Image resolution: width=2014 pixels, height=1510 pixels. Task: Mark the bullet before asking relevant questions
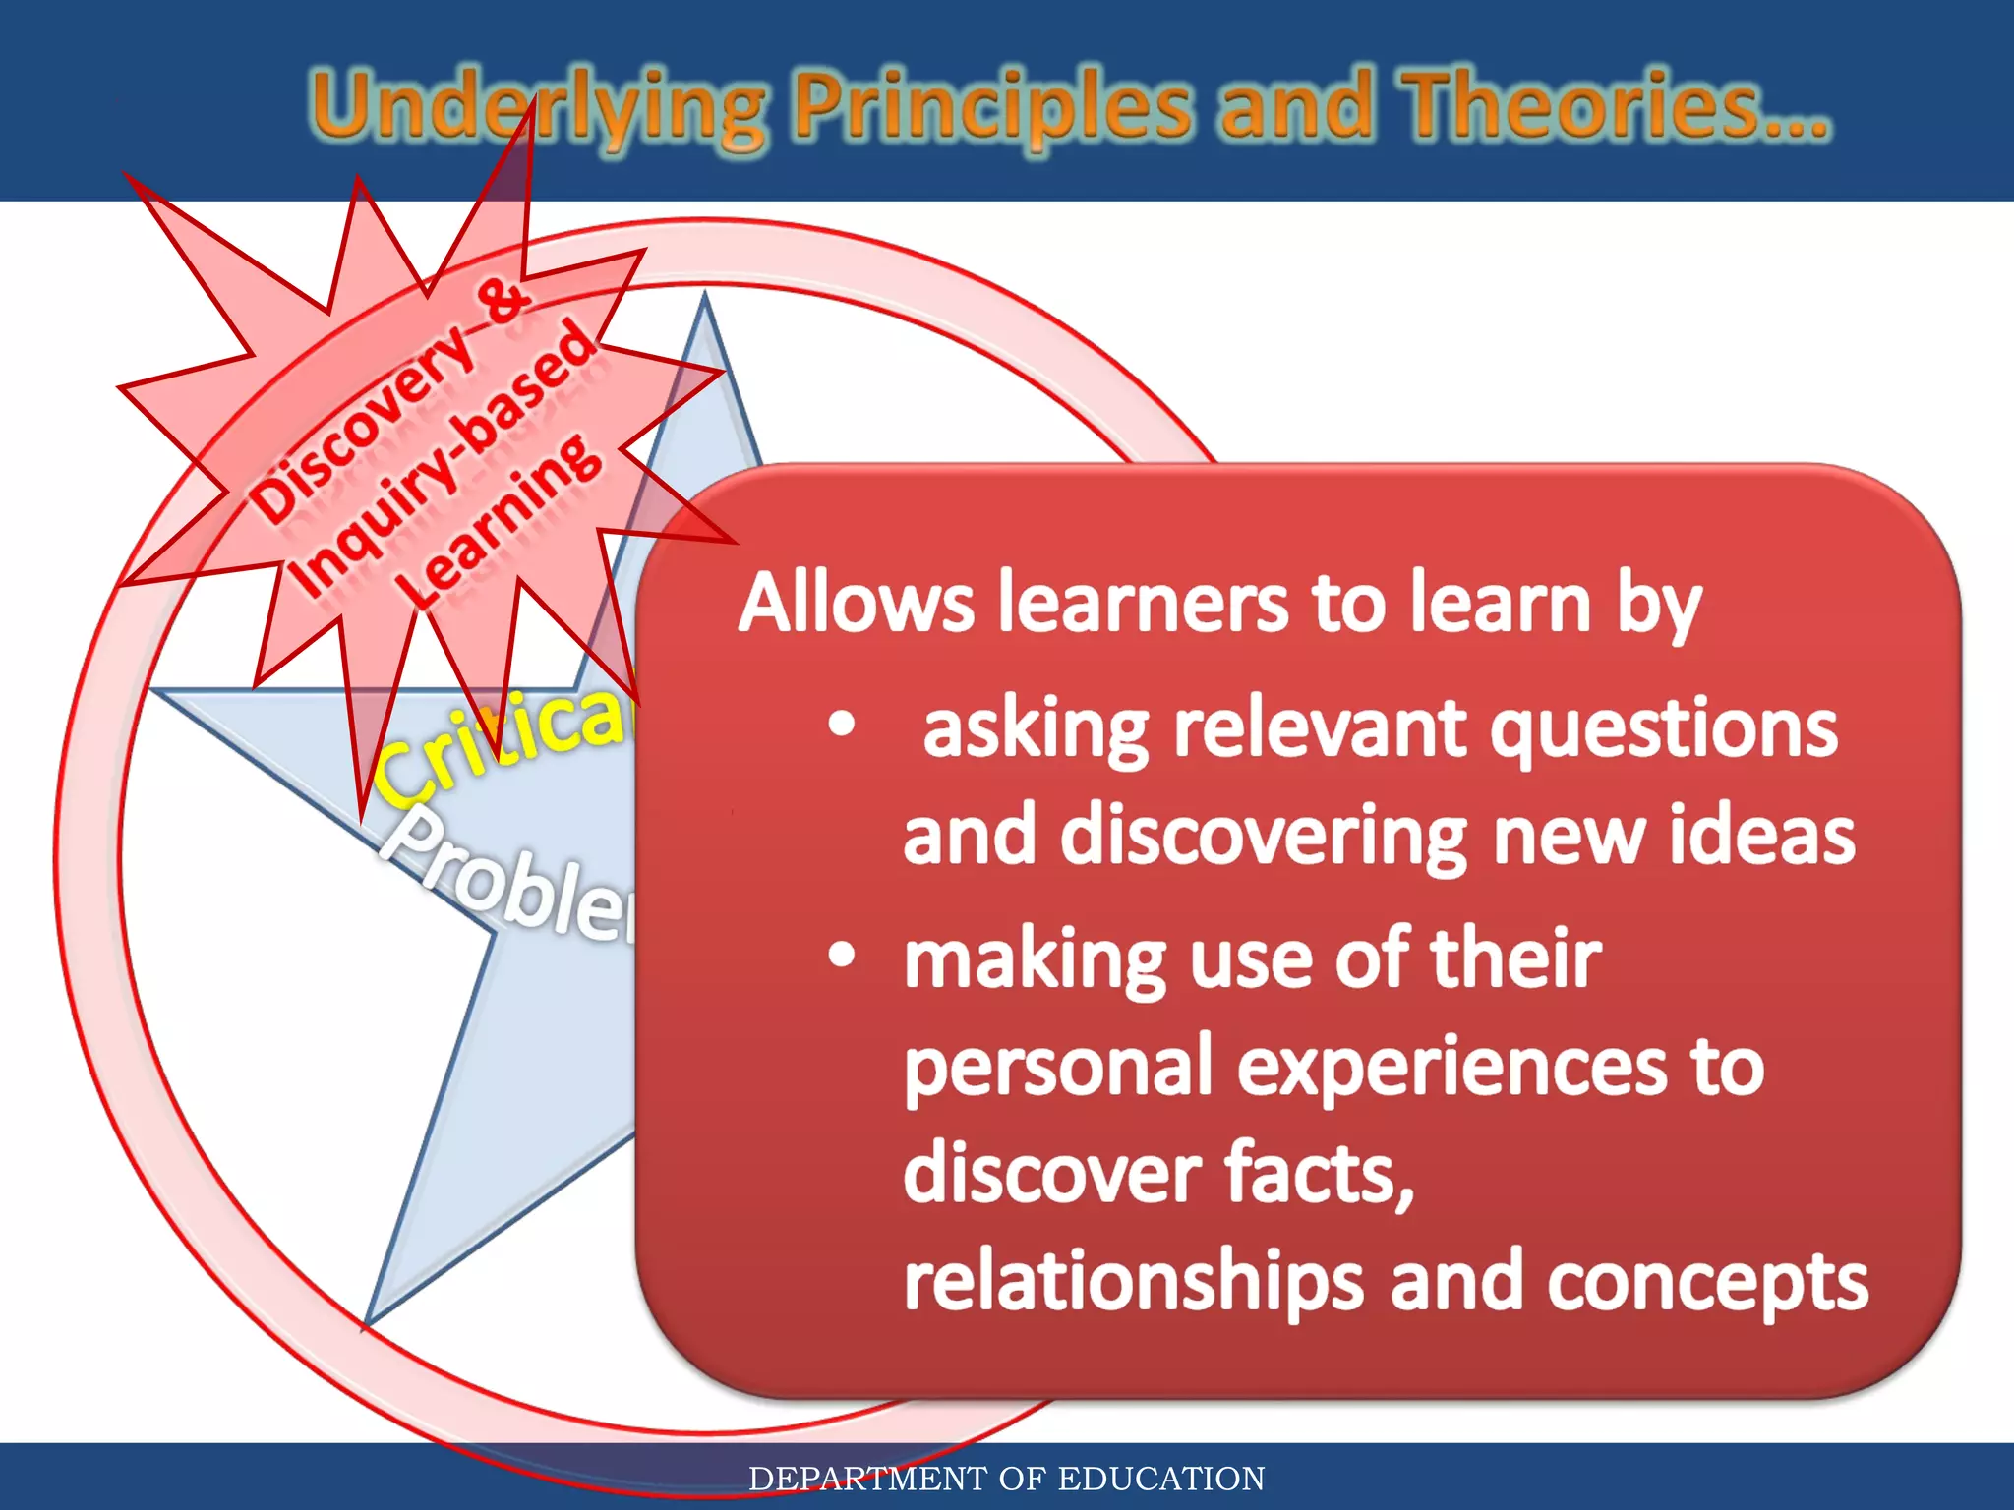click(x=842, y=725)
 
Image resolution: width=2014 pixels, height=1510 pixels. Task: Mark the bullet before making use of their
click(x=842, y=955)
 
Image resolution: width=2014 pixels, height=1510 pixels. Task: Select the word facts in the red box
click(x=1318, y=1175)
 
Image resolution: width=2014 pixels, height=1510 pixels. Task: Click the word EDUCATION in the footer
click(x=1161, y=1479)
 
